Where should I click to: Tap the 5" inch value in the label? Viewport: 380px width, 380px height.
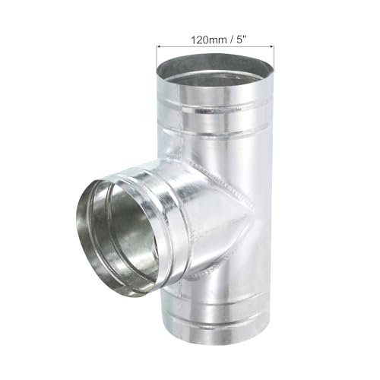241,40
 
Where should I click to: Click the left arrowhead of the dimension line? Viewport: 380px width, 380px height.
159,46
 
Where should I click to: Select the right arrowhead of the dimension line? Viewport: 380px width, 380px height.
272,46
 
